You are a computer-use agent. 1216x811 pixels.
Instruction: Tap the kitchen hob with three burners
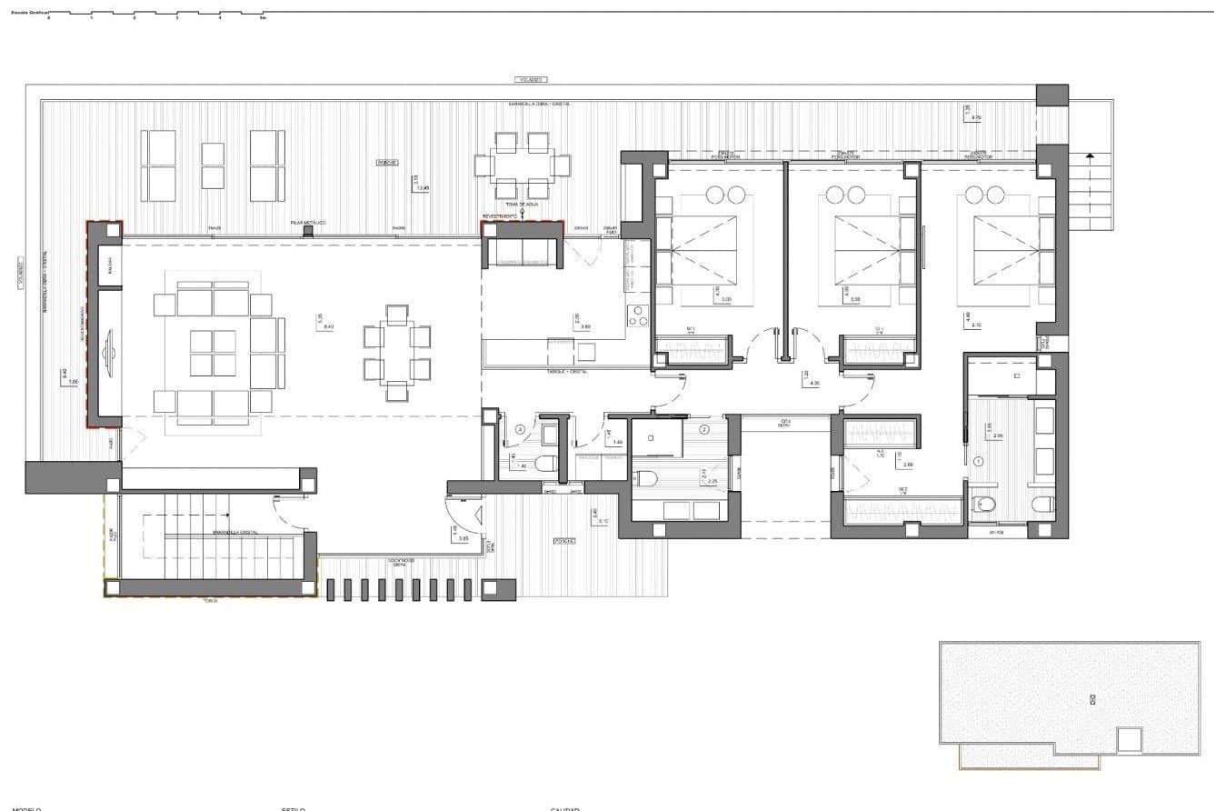(x=638, y=315)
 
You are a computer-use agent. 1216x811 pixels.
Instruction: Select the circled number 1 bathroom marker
(x=979, y=461)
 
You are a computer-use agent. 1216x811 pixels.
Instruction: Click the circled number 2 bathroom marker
(x=703, y=429)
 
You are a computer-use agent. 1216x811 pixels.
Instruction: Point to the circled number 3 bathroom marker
(x=520, y=429)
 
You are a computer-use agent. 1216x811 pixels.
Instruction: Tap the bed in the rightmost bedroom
(x=997, y=250)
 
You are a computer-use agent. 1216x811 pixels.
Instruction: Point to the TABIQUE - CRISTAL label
(x=567, y=372)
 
